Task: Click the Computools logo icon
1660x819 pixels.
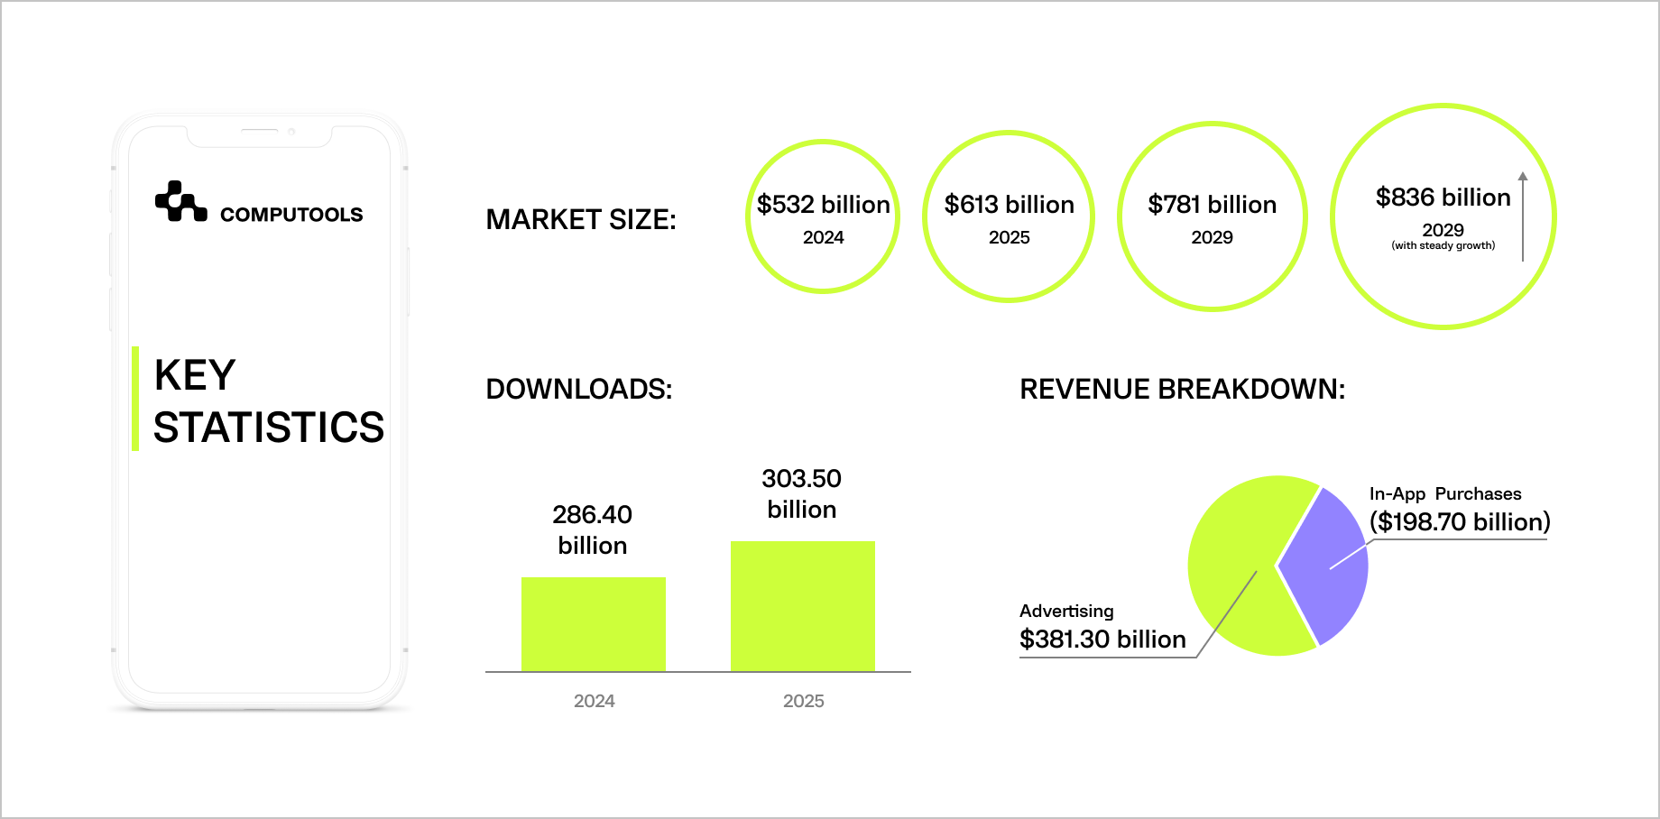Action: point(180,201)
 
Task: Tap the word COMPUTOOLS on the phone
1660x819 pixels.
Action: point(291,215)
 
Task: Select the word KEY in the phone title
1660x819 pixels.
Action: point(195,375)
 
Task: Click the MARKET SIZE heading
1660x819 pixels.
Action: point(581,219)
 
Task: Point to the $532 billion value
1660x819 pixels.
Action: point(823,205)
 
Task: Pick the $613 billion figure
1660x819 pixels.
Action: point(1009,205)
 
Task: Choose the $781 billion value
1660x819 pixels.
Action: point(1212,205)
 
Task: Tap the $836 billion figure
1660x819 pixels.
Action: point(1443,198)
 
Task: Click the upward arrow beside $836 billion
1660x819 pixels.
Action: point(1523,216)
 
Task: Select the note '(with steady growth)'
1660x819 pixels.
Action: point(1443,245)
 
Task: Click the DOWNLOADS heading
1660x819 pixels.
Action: point(579,389)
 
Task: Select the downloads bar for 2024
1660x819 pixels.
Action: point(594,624)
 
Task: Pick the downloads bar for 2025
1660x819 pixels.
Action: point(803,606)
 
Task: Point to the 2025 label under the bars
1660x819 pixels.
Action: point(803,701)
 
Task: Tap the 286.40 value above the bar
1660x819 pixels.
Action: point(592,515)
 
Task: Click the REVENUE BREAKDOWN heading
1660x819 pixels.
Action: point(1182,389)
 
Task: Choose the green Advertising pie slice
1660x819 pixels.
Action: point(1236,559)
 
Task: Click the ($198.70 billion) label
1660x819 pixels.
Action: point(1460,522)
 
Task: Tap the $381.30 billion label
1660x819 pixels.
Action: point(1102,640)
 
